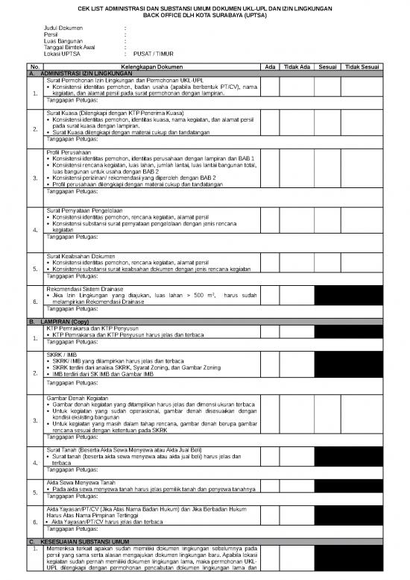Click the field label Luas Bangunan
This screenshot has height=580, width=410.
64,41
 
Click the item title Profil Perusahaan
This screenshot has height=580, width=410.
68,152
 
